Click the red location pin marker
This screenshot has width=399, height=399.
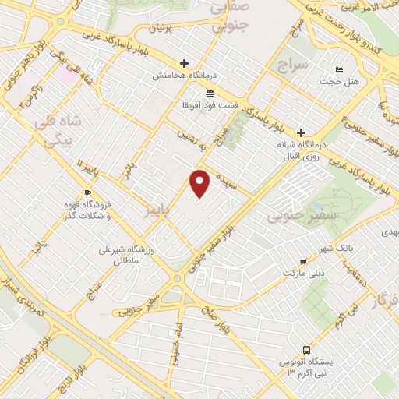pyautogui.click(x=201, y=184)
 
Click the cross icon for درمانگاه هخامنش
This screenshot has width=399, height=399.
pyautogui.click(x=184, y=63)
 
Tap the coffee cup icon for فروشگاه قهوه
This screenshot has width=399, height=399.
pyautogui.click(x=87, y=192)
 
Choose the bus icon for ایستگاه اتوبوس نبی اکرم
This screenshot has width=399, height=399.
pyautogui.click(x=306, y=350)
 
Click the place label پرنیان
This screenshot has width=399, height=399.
pyautogui.click(x=165, y=28)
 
